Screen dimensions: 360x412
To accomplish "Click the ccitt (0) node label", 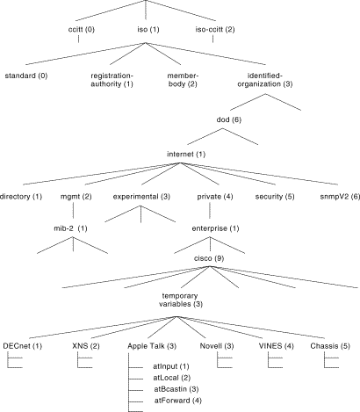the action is [x=82, y=30].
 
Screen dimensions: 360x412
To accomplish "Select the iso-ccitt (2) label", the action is [x=215, y=30].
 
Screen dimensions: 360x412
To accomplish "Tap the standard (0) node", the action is [x=26, y=76].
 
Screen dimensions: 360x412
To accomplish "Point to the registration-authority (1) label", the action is [x=112, y=80].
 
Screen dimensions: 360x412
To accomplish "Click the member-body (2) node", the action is [x=183, y=80].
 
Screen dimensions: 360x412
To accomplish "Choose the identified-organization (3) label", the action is [x=265, y=80].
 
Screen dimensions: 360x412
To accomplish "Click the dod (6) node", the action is [x=229, y=119].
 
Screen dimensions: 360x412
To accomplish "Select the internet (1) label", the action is [x=186, y=154].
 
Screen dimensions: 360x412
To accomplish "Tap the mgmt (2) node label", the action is [x=76, y=197].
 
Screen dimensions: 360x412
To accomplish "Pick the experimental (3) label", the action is [x=141, y=197].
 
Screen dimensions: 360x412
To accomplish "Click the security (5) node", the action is [x=275, y=197].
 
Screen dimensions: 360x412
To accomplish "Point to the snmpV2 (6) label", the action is [x=340, y=197].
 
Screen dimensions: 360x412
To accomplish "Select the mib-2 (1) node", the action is [x=70, y=228].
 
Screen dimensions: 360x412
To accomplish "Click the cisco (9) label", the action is [x=209, y=258].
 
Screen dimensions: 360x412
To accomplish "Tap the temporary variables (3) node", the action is [x=181, y=300].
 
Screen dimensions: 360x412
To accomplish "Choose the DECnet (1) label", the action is [x=23, y=346].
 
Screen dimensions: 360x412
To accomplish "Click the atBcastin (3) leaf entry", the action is [x=176, y=389].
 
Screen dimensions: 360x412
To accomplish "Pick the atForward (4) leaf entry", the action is [x=178, y=401].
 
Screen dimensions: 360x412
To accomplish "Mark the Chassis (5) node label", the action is [x=330, y=346].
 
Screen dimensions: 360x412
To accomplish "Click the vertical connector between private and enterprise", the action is [x=210, y=211].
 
